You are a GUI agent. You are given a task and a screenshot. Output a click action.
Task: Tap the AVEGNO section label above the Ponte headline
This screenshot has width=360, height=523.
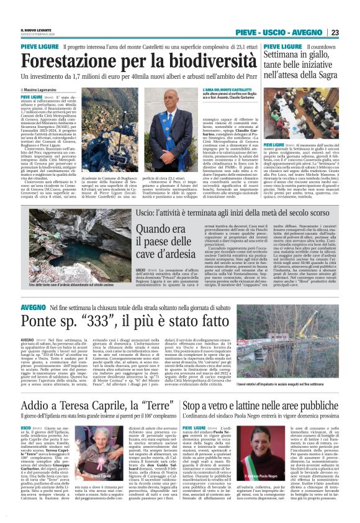(x=32, y=306)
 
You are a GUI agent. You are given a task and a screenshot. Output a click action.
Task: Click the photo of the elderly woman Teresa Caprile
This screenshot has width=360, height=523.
(x=99, y=457)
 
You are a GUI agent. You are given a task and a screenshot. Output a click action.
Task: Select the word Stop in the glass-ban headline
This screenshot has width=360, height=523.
(x=194, y=405)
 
